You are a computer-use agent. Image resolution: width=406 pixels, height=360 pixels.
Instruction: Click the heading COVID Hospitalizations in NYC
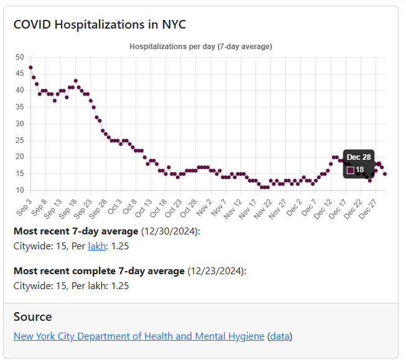[100, 25]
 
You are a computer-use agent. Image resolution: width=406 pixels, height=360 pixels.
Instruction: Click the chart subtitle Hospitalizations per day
[200, 47]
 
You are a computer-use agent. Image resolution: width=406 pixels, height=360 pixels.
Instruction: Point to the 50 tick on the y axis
[20, 57]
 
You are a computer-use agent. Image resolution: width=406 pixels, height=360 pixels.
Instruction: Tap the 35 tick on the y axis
[20, 107]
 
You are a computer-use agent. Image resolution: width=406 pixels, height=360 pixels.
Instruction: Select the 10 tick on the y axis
[20, 190]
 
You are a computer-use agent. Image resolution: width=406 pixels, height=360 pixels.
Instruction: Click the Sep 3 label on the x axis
[24, 206]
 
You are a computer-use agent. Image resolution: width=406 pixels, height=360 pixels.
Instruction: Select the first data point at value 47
[30, 67]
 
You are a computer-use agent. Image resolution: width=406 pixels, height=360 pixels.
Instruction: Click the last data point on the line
[385, 174]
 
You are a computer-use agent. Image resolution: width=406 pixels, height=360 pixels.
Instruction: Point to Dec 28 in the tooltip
[358, 157]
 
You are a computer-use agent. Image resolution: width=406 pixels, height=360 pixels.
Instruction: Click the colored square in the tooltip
[351, 170]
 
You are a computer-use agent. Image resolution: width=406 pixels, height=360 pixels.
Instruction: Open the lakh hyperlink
[97, 246]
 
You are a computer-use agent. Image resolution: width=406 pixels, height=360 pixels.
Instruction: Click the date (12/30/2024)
[170, 231]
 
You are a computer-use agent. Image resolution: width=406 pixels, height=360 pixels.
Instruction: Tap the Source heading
[33, 316]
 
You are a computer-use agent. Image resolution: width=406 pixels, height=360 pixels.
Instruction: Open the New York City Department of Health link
[139, 336]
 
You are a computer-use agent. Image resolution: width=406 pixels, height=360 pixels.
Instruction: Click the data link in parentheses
[280, 336]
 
